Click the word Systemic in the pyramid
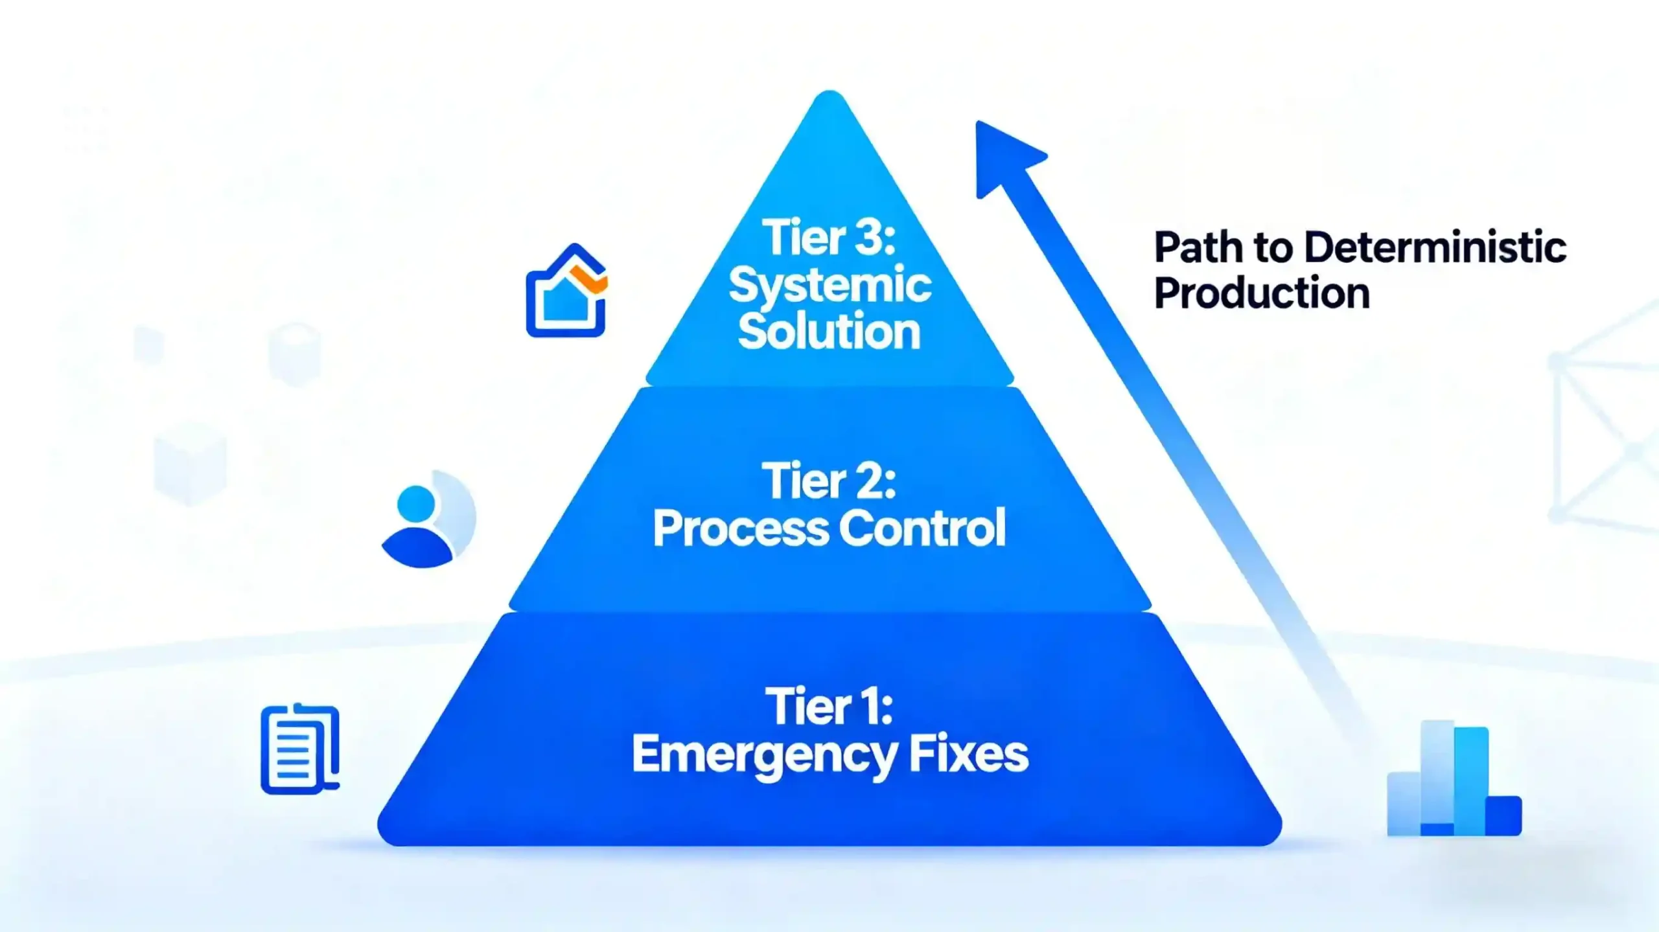(x=829, y=286)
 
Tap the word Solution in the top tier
(x=829, y=332)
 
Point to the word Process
(x=741, y=529)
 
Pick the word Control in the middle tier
(x=922, y=529)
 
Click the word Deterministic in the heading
(x=1435, y=247)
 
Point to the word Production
(x=1261, y=293)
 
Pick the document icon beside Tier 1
(x=299, y=749)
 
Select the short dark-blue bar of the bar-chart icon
(x=1503, y=815)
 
